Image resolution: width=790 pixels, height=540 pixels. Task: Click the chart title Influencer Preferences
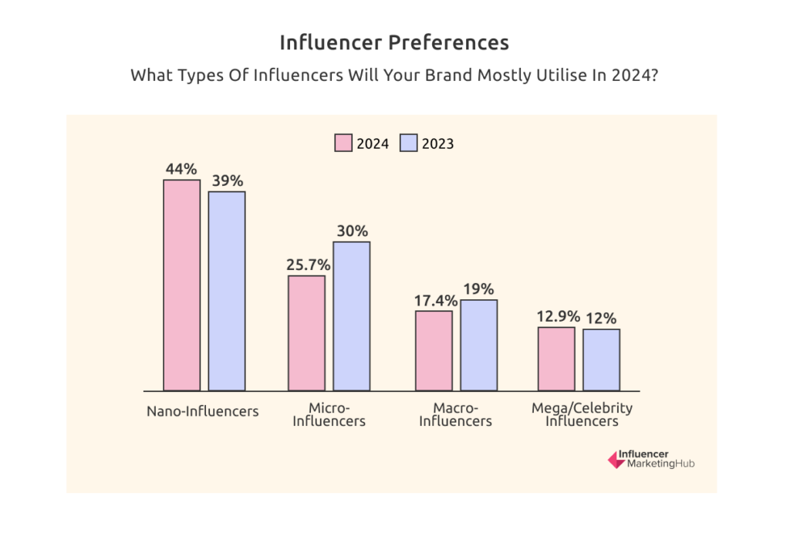[394, 42]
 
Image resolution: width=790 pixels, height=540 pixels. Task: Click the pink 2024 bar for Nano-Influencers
[181, 285]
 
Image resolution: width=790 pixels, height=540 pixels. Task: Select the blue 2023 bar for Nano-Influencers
[227, 291]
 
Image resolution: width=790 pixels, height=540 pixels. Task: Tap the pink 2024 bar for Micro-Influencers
[306, 332]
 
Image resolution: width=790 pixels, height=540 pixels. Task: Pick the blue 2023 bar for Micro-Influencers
[352, 316]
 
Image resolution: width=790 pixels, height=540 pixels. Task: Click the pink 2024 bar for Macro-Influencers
[434, 350]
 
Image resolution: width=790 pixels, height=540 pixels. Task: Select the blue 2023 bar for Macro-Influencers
[479, 345]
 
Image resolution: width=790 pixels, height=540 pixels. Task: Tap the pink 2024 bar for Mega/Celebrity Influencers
[556, 359]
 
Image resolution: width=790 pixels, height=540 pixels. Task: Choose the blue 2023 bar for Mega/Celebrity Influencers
[601, 359]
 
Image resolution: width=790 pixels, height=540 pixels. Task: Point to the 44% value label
[182, 167]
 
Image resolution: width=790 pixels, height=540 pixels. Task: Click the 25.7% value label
[308, 264]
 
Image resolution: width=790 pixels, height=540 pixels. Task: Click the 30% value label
[352, 230]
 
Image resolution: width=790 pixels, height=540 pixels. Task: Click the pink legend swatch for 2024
[343, 143]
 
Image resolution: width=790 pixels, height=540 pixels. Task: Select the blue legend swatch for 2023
[407, 143]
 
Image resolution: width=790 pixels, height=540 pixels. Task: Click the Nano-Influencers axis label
[203, 411]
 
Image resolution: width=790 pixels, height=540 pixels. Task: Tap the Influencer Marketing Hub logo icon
[616, 460]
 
